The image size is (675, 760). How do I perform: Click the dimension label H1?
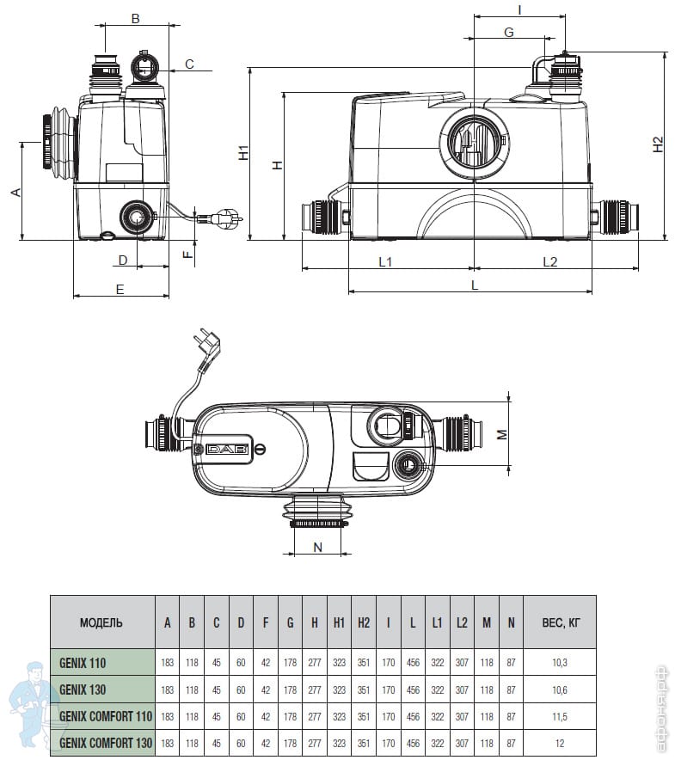tap(244, 153)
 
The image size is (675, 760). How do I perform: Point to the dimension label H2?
tap(658, 144)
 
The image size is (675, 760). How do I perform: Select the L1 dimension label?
tap(385, 261)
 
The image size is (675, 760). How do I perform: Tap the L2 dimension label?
tap(549, 261)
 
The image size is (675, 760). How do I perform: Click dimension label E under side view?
tap(120, 289)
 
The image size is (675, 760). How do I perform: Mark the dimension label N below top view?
tap(317, 547)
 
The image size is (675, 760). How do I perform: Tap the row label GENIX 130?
tap(83, 689)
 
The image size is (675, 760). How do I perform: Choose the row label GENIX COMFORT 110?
tap(104, 715)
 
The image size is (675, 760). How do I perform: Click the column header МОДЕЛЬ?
tap(101, 622)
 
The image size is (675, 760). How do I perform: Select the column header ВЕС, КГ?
tap(559, 622)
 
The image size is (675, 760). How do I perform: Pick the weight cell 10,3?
tap(559, 662)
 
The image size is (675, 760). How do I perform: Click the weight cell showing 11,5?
tap(559, 715)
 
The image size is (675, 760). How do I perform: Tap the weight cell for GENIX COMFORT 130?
tap(559, 741)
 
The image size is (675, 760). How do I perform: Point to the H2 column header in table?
tap(364, 622)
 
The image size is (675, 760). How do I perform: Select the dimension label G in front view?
tap(508, 32)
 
